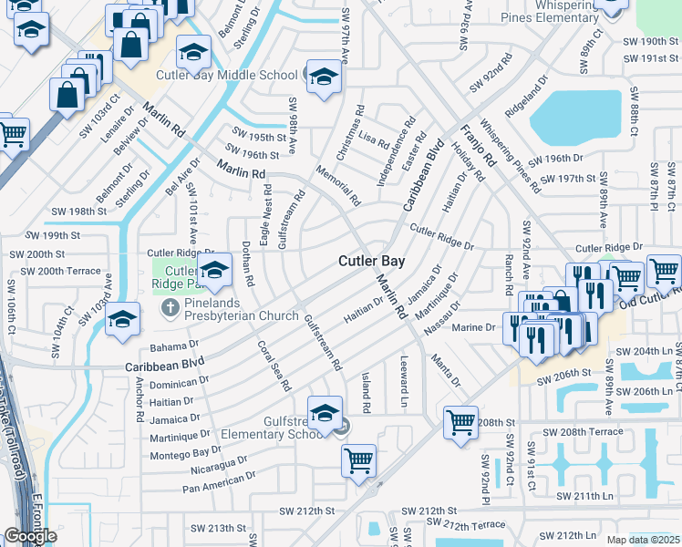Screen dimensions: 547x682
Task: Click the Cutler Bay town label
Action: pyautogui.click(x=371, y=261)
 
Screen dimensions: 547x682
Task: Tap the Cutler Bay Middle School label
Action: pyautogui.click(x=227, y=76)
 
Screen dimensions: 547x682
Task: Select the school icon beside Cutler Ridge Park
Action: pyautogui.click(x=215, y=271)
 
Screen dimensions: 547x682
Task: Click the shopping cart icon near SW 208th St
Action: pyautogui.click(x=461, y=422)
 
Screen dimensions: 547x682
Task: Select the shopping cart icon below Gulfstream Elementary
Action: pyautogui.click(x=359, y=459)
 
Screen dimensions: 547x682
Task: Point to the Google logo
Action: pyautogui.click(x=30, y=536)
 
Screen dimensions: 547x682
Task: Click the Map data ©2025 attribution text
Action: pyautogui.click(x=644, y=540)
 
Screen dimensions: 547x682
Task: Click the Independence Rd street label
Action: pyautogui.click(x=395, y=150)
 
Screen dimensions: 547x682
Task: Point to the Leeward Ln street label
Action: pyautogui.click(x=402, y=388)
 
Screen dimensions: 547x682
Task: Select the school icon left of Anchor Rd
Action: pyautogui.click(x=122, y=319)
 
